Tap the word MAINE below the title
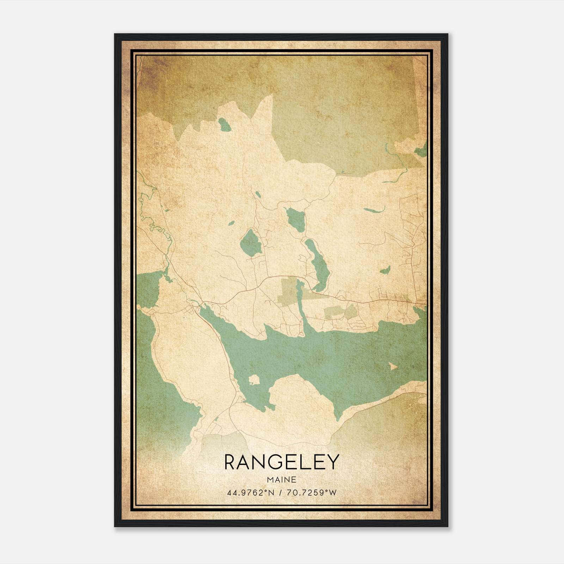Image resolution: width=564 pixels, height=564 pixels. pos(281,479)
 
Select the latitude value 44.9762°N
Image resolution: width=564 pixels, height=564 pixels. pos(250,492)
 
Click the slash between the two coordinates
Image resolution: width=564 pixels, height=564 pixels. pos(281,492)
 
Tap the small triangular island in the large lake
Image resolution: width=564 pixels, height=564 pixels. pos(392,367)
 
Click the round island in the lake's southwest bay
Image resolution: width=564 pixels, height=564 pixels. pos(254,380)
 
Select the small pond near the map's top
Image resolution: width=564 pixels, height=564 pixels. pos(224,124)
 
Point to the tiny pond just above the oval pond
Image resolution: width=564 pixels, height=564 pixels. pos(231,223)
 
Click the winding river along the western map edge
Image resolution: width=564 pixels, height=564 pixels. pos(155,222)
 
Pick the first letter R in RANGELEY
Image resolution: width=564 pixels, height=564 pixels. pos(230,462)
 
